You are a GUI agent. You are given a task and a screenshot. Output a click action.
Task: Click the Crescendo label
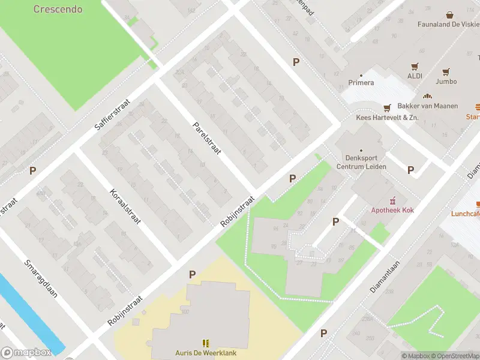click(58, 9)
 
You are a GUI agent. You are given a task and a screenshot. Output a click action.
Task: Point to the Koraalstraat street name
click(125, 206)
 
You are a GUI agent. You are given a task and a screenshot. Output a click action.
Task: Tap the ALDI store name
click(415, 76)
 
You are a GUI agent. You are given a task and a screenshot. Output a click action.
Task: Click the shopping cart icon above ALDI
click(415, 66)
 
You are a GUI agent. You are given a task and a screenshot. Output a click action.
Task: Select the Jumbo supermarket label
click(446, 81)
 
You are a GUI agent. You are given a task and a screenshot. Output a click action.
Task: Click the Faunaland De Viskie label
click(448, 25)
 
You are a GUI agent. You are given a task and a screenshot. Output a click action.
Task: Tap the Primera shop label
click(361, 83)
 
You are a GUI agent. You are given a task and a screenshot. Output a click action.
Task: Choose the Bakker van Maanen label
click(428, 106)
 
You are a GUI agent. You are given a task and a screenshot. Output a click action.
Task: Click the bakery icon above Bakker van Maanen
click(428, 96)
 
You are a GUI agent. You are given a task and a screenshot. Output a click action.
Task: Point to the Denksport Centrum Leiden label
click(361, 162)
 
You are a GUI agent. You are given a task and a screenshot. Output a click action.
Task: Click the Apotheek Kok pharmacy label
click(392, 210)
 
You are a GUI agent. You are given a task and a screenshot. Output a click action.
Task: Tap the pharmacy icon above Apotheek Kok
click(393, 200)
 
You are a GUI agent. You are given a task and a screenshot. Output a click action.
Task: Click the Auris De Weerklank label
click(206, 353)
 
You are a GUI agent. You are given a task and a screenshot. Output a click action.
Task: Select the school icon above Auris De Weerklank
click(206, 343)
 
